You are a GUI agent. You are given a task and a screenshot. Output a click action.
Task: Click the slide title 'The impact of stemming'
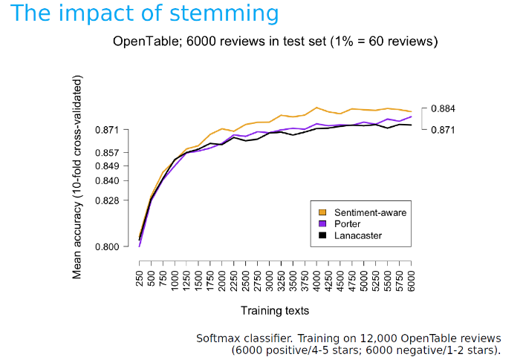pos(146,14)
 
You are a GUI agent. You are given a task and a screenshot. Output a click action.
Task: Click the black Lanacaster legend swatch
pos(322,235)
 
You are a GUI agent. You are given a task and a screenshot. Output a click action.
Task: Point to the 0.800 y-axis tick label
pos(108,246)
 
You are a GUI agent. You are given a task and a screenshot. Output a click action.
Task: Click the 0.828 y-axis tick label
pos(108,200)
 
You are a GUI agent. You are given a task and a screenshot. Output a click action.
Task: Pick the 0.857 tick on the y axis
pos(108,152)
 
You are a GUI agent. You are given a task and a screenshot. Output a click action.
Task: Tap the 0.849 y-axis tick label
pos(108,166)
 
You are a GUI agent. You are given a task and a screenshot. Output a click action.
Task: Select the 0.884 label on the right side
pos(443,109)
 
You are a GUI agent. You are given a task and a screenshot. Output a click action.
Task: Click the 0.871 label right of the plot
pos(443,130)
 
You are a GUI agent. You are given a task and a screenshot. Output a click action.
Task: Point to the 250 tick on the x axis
pos(140,278)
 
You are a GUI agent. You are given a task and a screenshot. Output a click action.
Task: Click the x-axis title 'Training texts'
pos(275,310)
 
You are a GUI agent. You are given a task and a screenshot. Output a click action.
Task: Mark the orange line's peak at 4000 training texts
pos(317,108)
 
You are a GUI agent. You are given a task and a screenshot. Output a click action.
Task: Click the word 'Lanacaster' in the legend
pos(357,235)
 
